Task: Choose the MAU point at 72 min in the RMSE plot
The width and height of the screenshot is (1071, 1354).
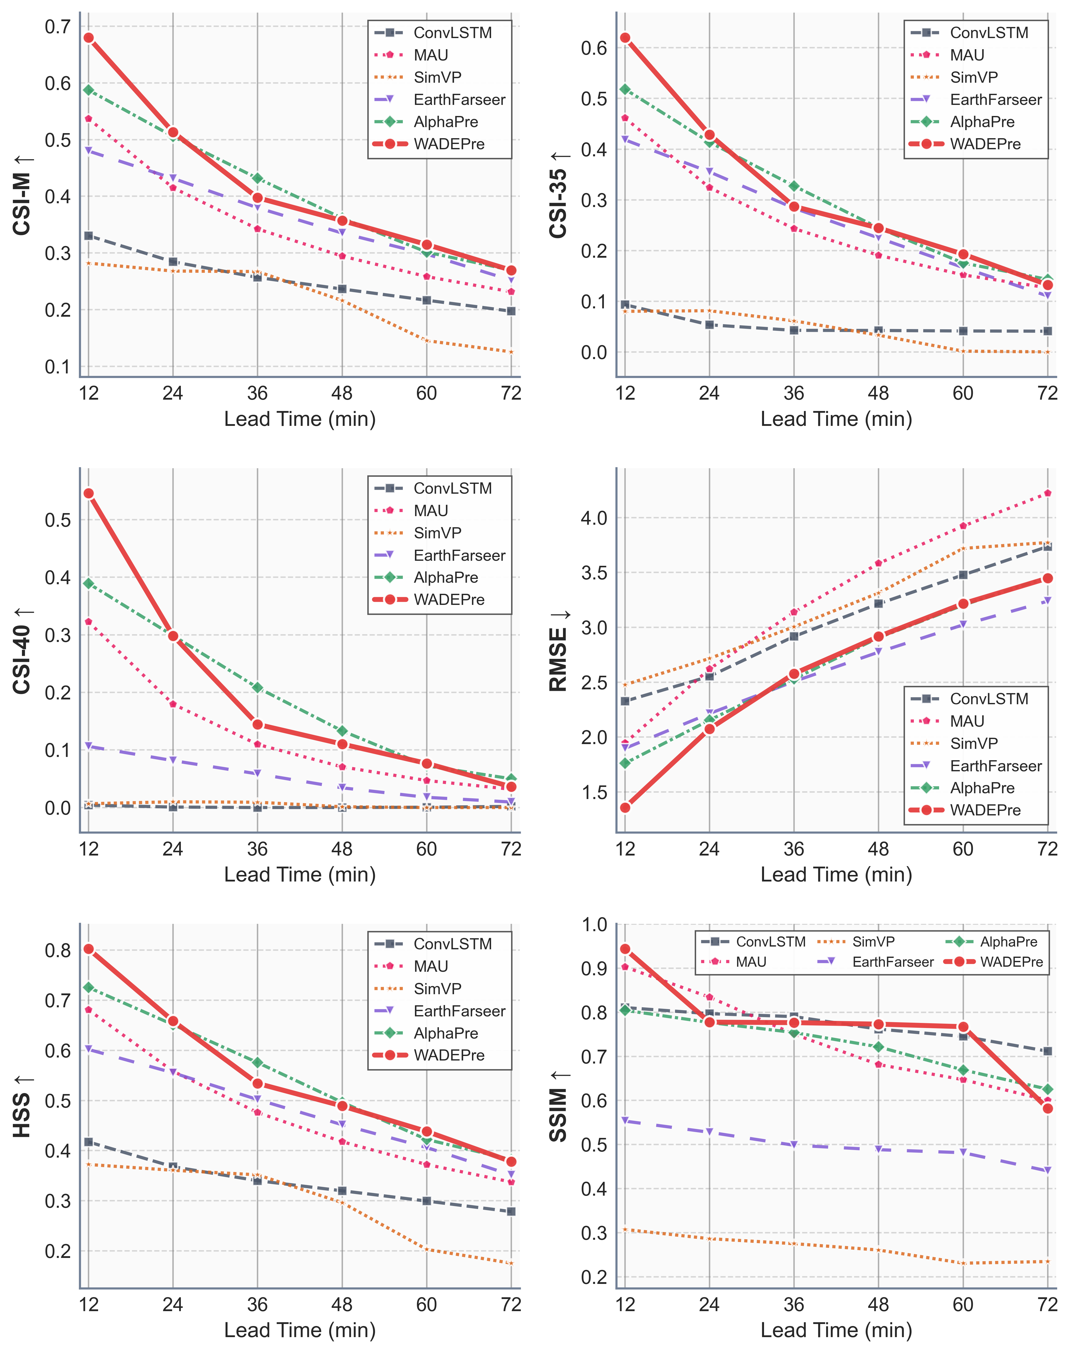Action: (x=1047, y=493)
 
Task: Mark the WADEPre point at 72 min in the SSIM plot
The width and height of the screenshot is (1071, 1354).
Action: (x=1047, y=1108)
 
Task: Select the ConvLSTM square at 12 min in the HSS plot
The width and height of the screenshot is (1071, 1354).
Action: (x=89, y=1142)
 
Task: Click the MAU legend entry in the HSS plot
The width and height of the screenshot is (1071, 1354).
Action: (x=431, y=967)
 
